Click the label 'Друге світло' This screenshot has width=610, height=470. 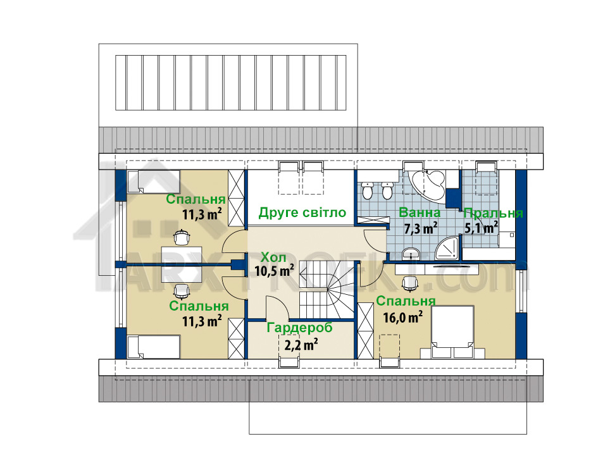pos(302,213)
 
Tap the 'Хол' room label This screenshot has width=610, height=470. pos(273,257)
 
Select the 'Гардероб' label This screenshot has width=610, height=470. pos(299,328)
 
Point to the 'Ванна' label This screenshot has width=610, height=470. pos(420,213)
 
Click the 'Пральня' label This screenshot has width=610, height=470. pos(494,213)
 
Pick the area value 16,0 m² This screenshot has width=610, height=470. pos(403,317)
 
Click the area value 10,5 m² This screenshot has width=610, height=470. pos(274,270)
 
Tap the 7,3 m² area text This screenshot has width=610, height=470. pos(421,228)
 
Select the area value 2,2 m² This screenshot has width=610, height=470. pos(301,344)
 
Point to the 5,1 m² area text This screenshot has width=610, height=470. pos(482,227)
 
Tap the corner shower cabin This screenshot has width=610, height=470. pos(447,249)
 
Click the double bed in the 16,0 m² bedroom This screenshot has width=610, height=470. pos(452,331)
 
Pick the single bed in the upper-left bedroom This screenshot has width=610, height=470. pos(153,182)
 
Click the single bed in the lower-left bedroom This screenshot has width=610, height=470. pos(153,347)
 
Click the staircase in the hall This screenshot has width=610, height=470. pos(326,290)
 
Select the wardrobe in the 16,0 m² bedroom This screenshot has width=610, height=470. pos(365,331)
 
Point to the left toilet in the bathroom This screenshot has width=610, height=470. pos(367,190)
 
